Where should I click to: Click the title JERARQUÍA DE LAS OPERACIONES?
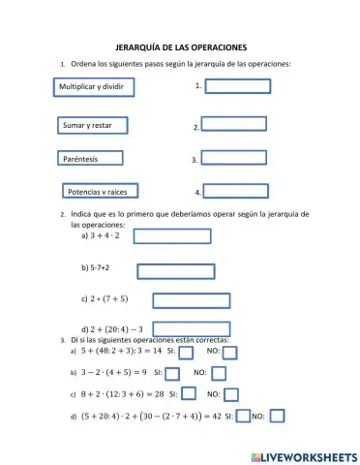(181, 46)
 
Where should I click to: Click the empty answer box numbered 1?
(237, 85)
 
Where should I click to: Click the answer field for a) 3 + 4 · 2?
(170, 235)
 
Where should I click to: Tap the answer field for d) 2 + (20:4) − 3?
(191, 329)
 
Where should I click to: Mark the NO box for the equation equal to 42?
(277, 417)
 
